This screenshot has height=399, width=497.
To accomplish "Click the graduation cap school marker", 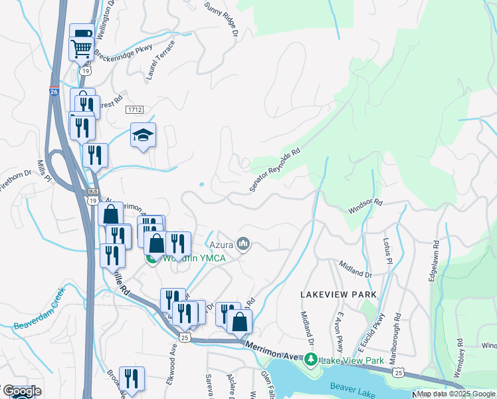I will [143, 136].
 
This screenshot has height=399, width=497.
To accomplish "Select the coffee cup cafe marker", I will [81, 34].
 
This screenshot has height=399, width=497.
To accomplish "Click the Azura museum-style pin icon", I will [244, 245].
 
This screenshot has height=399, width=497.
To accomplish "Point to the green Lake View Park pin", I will [310, 360].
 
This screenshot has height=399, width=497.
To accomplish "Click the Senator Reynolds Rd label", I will [275, 170].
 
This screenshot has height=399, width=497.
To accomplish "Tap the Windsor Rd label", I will [365, 206].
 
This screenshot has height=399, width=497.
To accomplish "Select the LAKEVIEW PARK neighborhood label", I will [338, 294].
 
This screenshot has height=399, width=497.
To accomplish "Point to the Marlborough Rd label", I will [396, 339].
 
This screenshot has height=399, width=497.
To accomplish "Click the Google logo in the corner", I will [21, 391].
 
